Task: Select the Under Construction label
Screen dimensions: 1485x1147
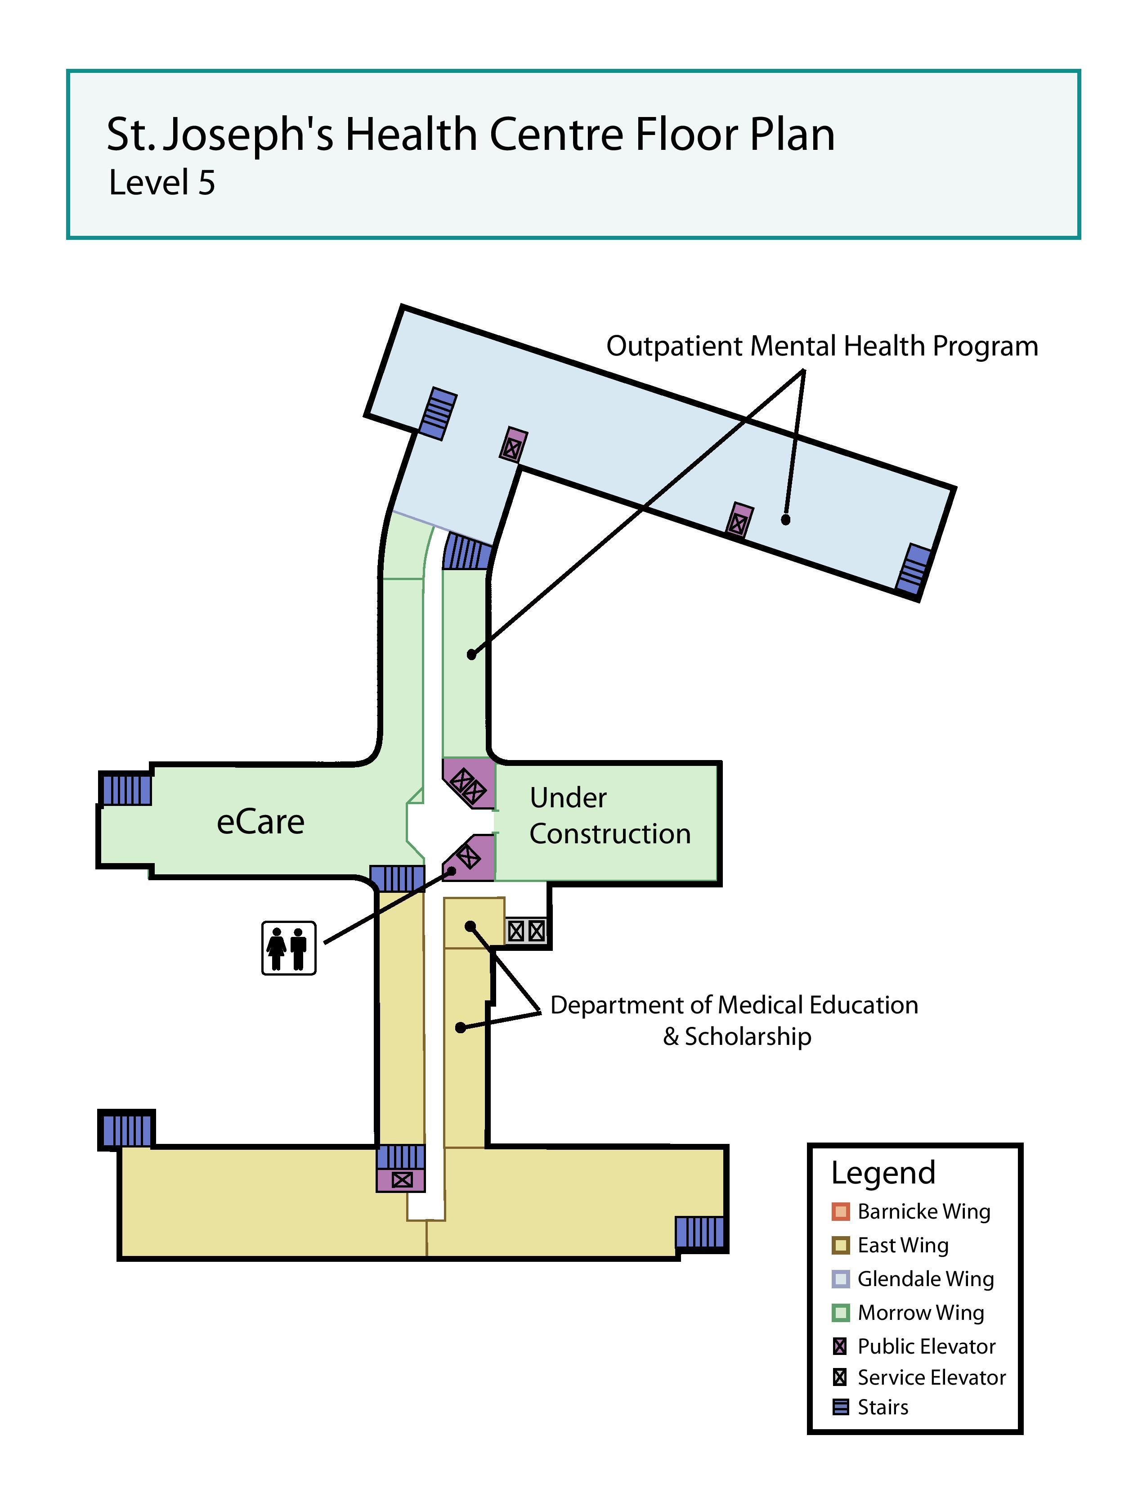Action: [x=609, y=816]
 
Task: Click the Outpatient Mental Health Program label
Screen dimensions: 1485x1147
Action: [x=822, y=346]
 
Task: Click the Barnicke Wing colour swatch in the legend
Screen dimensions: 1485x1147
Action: [x=841, y=1212]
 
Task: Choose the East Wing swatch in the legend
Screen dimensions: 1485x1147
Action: [x=841, y=1246]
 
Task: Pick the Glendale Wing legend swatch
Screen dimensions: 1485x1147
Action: [x=841, y=1279]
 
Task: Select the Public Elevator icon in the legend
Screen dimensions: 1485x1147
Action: [x=841, y=1346]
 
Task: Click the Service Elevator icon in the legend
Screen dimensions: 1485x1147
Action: [x=841, y=1377]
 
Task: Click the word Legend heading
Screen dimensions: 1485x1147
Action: [x=883, y=1173]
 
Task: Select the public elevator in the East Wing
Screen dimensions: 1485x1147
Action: [x=402, y=1180]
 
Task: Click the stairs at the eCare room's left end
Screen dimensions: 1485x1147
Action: [x=125, y=789]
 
